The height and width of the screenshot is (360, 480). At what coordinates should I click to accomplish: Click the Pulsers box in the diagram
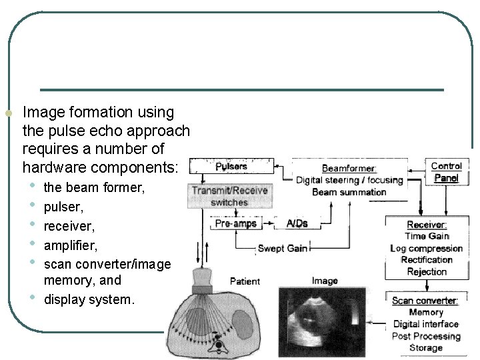pyautogui.click(x=231, y=166)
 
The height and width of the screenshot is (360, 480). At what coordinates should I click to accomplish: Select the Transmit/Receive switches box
pyautogui.click(x=229, y=196)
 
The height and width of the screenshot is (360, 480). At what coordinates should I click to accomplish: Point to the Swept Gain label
pyautogui.click(x=282, y=249)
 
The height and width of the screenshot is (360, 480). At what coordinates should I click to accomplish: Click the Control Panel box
pyautogui.click(x=446, y=172)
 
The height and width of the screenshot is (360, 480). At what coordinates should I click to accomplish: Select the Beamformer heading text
pyautogui.click(x=349, y=169)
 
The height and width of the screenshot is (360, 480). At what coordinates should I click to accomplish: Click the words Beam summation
pyautogui.click(x=349, y=192)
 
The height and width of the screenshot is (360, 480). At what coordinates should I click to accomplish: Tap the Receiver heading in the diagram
pyautogui.click(x=427, y=225)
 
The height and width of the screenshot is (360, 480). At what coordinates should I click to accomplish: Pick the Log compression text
pyautogui.click(x=427, y=249)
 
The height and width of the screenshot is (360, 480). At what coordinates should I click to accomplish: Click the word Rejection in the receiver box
pyautogui.click(x=427, y=271)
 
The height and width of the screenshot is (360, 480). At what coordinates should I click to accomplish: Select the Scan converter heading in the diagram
pyautogui.click(x=425, y=301)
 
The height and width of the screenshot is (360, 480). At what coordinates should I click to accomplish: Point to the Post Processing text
pyautogui.click(x=426, y=336)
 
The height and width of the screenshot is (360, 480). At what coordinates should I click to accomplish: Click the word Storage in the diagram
pyautogui.click(x=426, y=347)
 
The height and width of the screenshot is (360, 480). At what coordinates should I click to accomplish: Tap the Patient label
pyautogui.click(x=245, y=281)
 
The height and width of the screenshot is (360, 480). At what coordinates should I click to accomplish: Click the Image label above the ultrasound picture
pyautogui.click(x=325, y=281)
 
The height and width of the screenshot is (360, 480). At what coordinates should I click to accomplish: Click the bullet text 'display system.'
pyautogui.click(x=89, y=300)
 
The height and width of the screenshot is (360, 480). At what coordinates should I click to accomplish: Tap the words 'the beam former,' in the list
pyautogui.click(x=94, y=188)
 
